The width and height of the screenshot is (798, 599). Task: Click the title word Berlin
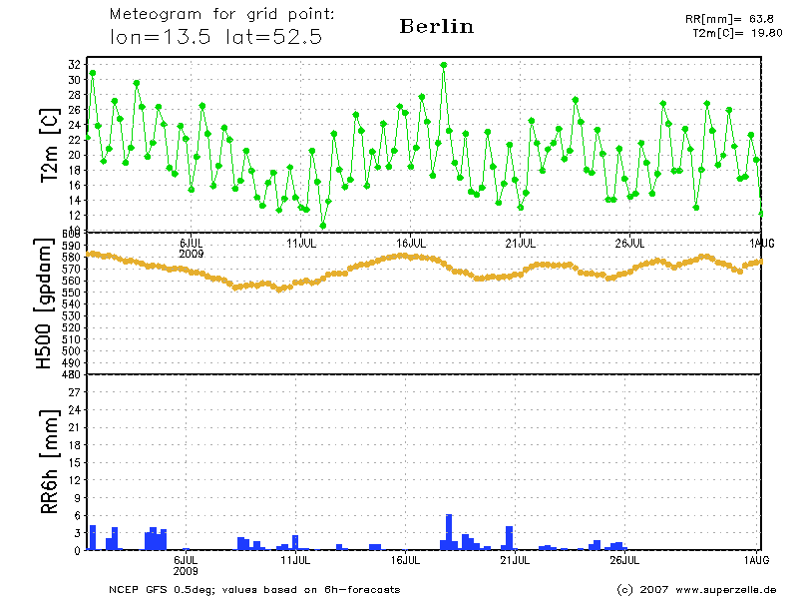[436, 27]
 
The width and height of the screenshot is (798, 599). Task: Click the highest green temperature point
[444, 65]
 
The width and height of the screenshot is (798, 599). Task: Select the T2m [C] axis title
[47, 145]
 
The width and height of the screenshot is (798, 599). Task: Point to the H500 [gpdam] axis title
[44, 304]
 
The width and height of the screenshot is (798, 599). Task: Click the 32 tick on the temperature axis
[74, 65]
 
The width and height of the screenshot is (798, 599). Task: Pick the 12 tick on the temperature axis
[74, 215]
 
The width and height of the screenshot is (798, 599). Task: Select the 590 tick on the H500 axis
[71, 246]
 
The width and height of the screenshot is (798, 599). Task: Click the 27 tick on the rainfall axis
[74, 392]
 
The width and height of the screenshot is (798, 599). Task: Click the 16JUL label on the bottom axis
[408, 560]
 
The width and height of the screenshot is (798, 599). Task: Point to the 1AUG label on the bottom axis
[757, 560]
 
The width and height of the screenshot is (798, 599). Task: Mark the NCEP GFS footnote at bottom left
[254, 589]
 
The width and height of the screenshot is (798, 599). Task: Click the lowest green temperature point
[323, 226]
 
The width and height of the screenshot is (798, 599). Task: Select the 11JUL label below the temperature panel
[300, 243]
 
